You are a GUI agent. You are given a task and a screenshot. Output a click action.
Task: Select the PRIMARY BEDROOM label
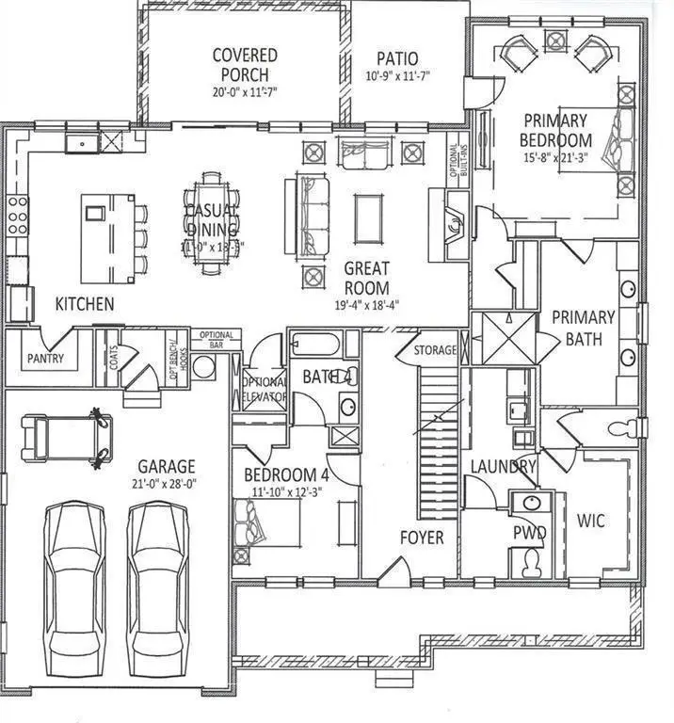[556, 130]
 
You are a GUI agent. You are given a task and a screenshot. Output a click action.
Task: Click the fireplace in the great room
[452, 224]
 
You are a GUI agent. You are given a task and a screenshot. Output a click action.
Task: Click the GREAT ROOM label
[366, 277]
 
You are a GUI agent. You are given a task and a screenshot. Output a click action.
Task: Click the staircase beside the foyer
[435, 424]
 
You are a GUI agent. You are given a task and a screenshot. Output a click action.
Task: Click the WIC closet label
[590, 520]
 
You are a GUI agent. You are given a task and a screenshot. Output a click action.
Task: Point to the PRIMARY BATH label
[583, 326]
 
